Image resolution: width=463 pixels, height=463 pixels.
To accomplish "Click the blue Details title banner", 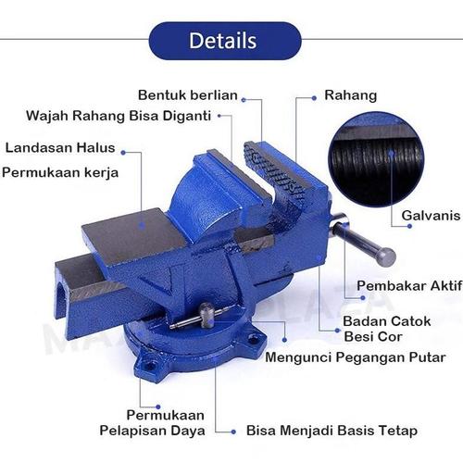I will click(x=224, y=41).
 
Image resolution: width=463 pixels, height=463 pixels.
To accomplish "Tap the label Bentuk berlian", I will click(x=188, y=94).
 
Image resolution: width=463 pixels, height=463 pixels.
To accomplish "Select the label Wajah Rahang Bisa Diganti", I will click(x=118, y=117).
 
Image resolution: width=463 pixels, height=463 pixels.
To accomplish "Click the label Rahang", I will click(x=350, y=94).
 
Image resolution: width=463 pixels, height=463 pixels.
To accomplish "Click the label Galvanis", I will click(x=431, y=216).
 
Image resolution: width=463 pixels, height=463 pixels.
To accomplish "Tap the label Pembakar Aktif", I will click(x=408, y=285).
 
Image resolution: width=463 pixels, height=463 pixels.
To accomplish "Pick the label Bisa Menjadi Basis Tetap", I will click(x=332, y=431).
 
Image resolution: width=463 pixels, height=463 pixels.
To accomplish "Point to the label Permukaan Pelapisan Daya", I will click(x=153, y=422).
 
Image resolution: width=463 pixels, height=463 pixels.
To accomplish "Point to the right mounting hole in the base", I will click(x=254, y=341).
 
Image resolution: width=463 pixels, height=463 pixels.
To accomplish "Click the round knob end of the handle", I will click(x=386, y=257).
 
